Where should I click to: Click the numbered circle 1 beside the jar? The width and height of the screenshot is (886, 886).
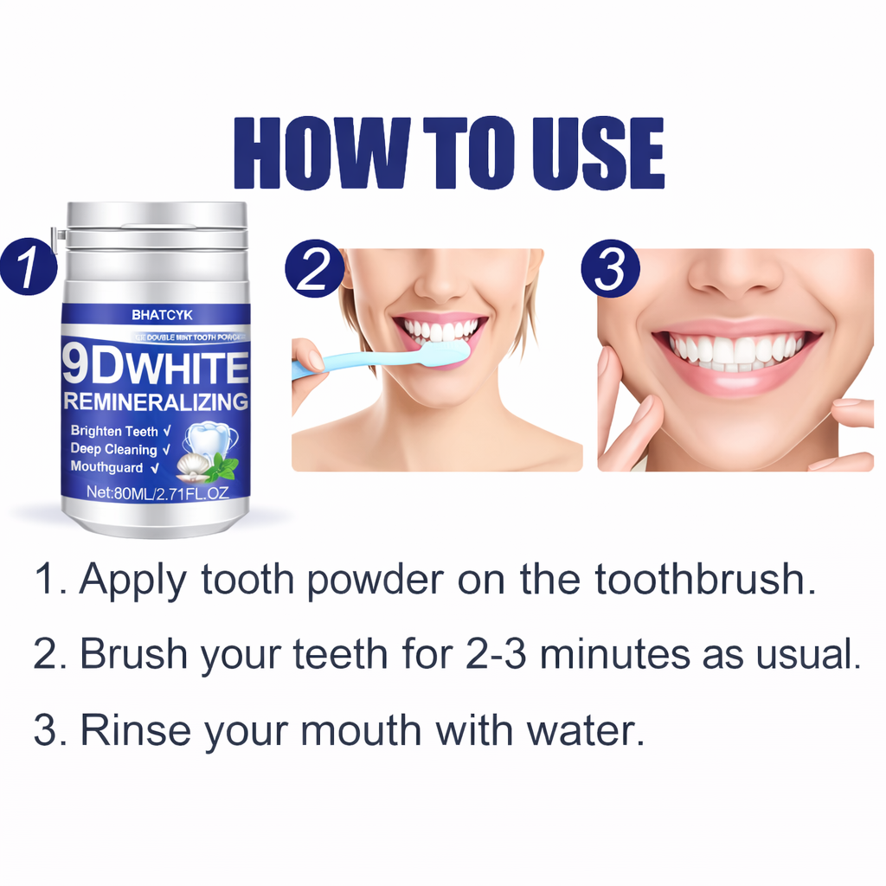point(29,267)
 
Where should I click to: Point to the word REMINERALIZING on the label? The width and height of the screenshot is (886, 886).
point(156,401)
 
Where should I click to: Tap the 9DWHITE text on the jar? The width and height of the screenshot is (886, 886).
point(156,367)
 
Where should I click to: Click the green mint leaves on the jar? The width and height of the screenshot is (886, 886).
point(222,468)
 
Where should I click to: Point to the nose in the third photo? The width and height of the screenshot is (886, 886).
point(735,274)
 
